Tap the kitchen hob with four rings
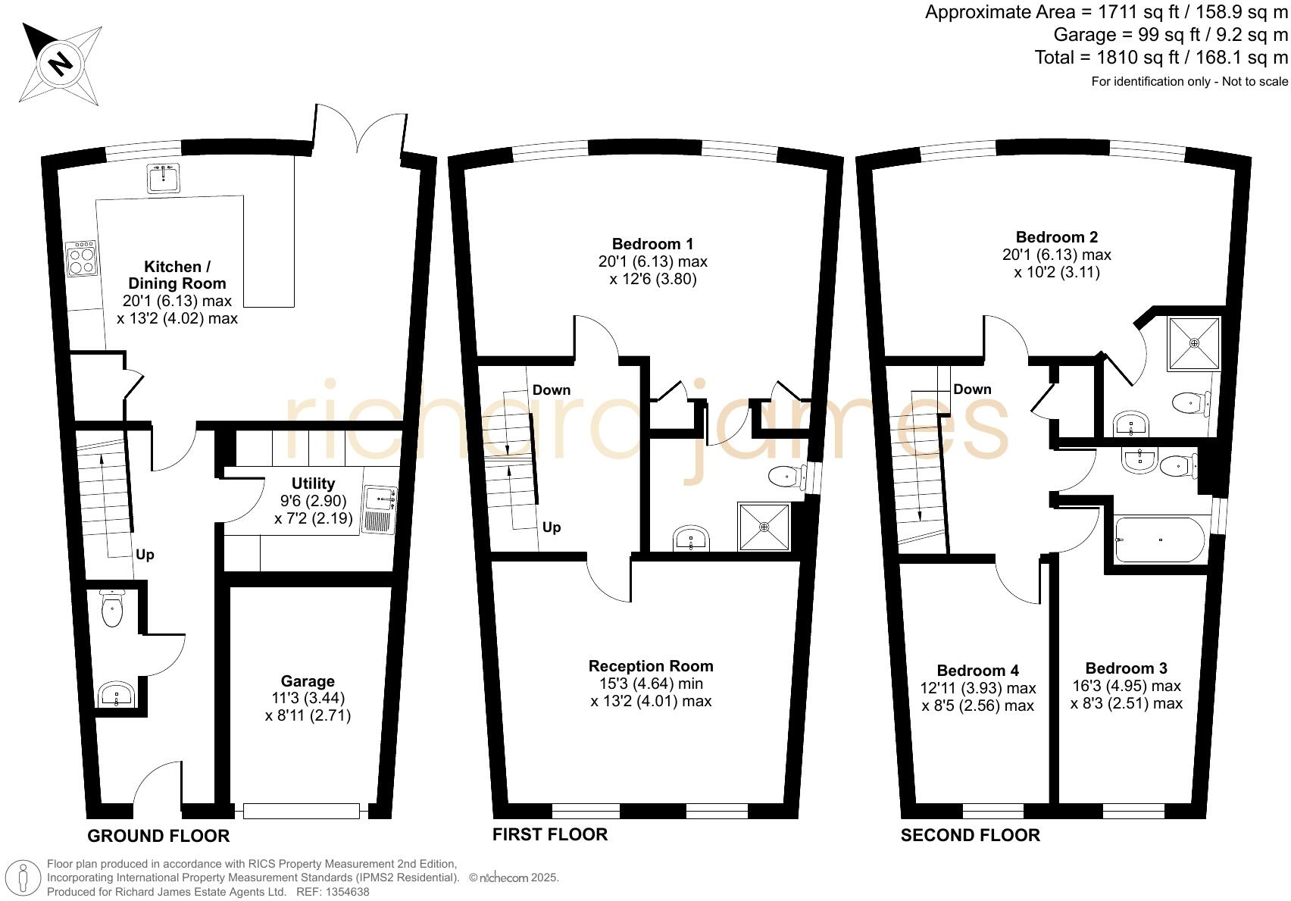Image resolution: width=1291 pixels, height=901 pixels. [x=82, y=258]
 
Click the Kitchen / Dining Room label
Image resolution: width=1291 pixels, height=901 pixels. [x=177, y=275]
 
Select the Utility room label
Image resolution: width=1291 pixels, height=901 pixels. [x=313, y=483]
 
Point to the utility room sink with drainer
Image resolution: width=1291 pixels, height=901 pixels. [x=379, y=510]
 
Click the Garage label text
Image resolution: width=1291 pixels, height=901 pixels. [x=308, y=681]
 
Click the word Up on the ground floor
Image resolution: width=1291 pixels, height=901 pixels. [x=145, y=555]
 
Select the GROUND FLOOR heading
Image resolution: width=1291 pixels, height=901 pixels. [x=158, y=836]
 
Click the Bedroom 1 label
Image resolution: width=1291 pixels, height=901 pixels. [x=652, y=244]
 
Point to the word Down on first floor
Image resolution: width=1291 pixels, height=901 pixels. [x=551, y=390]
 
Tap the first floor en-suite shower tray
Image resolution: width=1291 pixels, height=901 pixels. [x=764, y=526]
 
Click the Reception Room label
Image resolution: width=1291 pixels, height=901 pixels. [x=651, y=666]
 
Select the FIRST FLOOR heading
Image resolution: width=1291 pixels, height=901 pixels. [x=550, y=834]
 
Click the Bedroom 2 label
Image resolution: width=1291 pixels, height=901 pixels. [x=1056, y=237]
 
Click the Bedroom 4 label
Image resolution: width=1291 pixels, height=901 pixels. [x=977, y=671]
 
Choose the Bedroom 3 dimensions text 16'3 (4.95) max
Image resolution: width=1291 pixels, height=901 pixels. [x=1126, y=686]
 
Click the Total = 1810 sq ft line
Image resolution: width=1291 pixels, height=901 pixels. [x=1161, y=58]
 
